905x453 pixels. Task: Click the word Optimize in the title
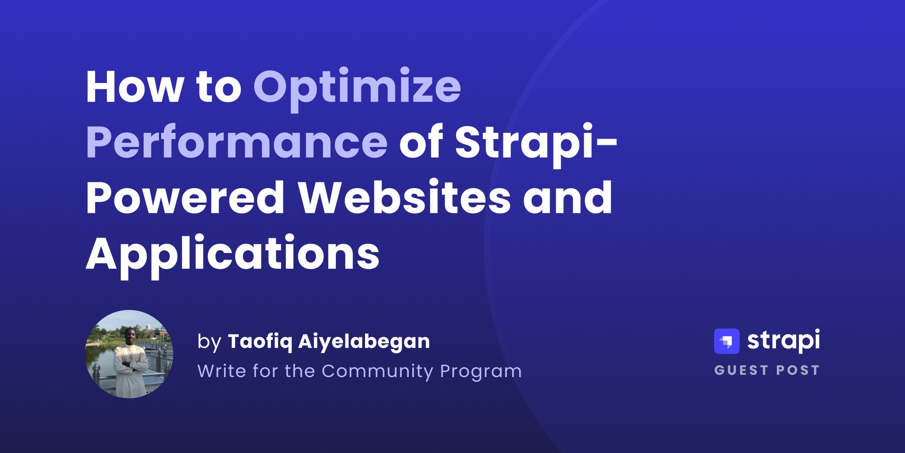(357, 87)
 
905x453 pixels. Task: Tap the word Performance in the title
(236, 142)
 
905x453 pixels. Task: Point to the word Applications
(232, 254)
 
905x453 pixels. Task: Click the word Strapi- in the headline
(536, 142)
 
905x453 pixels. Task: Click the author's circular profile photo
(129, 354)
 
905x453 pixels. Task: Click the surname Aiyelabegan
(364, 342)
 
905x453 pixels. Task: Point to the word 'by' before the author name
(209, 343)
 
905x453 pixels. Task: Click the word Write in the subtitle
(222, 371)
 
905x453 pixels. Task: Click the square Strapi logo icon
(726, 341)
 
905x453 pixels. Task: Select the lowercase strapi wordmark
(783, 341)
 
